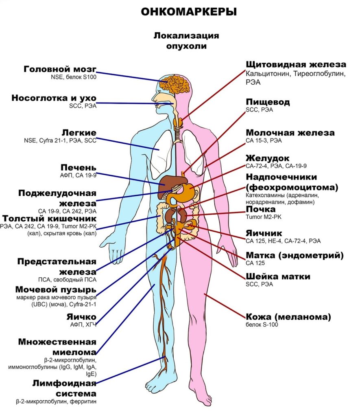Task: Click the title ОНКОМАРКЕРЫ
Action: click(x=189, y=12)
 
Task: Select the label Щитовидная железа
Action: click(x=296, y=65)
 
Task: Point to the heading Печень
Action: click(x=79, y=168)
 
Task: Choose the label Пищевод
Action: click(x=268, y=102)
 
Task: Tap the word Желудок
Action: click(x=267, y=158)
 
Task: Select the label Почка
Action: click(x=260, y=209)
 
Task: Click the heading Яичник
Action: click(x=264, y=233)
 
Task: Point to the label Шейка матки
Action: click(x=278, y=277)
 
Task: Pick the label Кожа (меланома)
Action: click(x=288, y=317)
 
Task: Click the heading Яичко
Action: click(x=82, y=317)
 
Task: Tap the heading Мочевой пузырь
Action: click(x=56, y=290)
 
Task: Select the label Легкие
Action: click(x=79, y=133)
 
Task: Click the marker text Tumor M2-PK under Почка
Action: click(x=263, y=217)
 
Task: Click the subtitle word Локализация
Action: click(x=186, y=35)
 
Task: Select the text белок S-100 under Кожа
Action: click(x=262, y=325)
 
